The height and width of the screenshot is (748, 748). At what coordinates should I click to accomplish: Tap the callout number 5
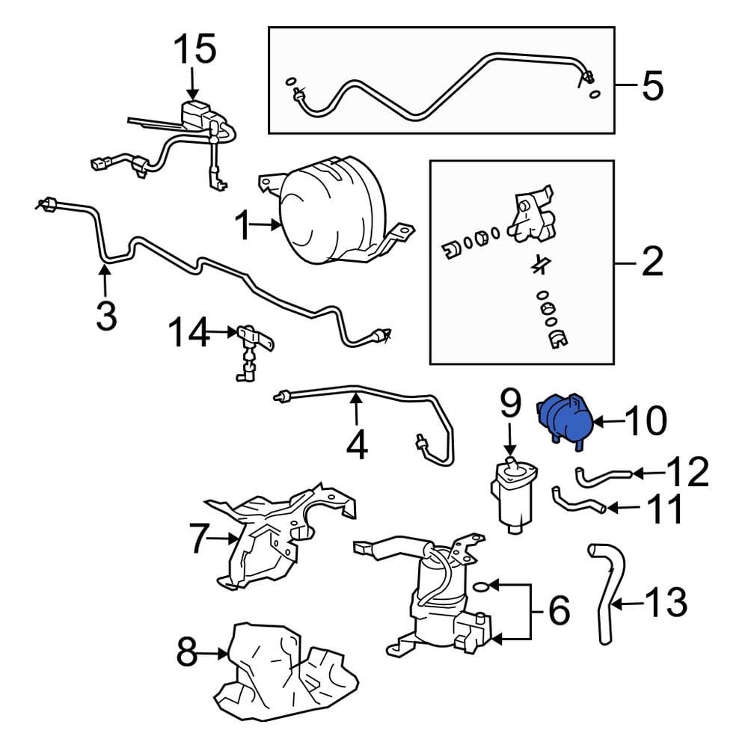[652, 87]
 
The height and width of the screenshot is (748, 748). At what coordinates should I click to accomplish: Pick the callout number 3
[106, 316]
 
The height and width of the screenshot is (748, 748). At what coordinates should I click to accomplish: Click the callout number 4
[357, 446]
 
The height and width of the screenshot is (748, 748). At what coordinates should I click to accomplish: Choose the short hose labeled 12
[603, 474]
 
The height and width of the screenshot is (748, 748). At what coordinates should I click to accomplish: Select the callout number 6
[558, 611]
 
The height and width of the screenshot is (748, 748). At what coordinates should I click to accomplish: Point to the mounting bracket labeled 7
[269, 539]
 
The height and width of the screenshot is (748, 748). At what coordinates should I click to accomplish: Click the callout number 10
[644, 422]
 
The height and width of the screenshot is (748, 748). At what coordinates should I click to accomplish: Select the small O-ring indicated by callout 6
[482, 585]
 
